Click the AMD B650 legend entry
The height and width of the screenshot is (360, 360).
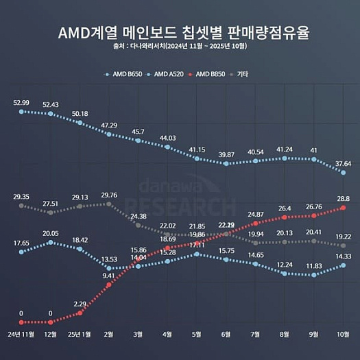point(125,73)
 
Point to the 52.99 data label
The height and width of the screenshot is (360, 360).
point(21,102)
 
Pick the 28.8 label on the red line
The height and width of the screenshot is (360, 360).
point(343,197)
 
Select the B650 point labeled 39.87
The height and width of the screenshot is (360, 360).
point(226,164)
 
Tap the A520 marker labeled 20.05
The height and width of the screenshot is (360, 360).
point(51,242)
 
